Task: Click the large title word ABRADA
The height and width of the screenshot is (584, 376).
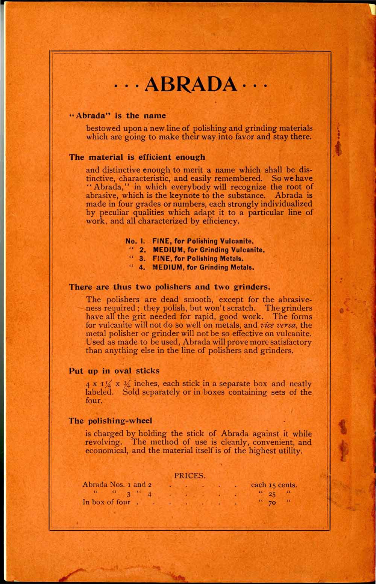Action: click(191, 86)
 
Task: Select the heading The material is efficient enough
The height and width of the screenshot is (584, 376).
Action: click(137, 157)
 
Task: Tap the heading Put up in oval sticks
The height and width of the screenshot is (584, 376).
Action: click(114, 371)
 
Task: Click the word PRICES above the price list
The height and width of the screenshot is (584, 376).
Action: click(190, 475)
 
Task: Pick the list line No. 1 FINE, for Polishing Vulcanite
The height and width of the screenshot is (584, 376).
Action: click(191, 241)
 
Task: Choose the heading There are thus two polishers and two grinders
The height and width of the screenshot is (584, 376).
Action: click(170, 287)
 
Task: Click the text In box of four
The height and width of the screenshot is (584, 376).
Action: click(106, 502)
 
